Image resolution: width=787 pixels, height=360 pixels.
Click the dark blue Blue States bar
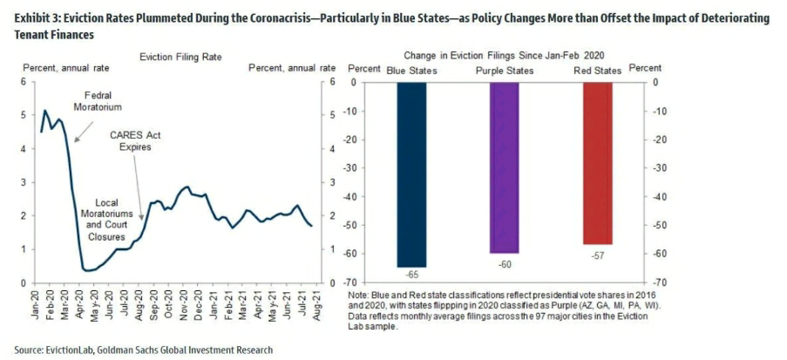click(411, 174)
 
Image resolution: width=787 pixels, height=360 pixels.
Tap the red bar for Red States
click(597, 163)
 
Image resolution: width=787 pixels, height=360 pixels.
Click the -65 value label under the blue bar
click(411, 274)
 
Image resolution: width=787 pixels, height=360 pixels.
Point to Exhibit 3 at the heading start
click(32, 18)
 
